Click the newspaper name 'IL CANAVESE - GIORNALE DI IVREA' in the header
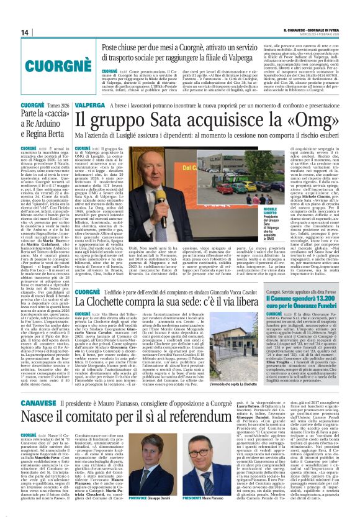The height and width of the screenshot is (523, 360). click(311, 30)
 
